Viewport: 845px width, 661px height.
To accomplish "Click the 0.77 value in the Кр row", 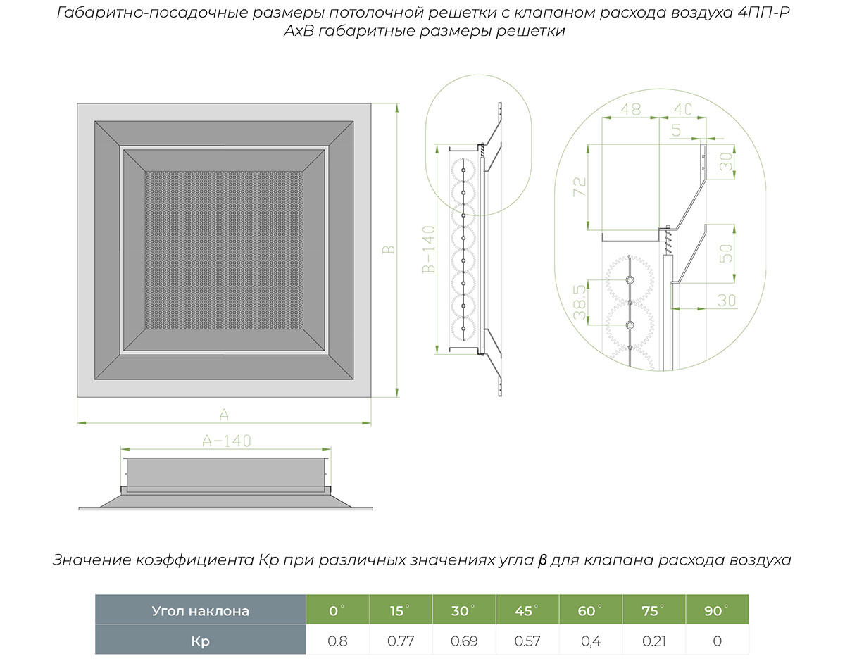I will coord(400,641).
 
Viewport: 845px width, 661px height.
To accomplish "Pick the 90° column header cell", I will coord(715,610).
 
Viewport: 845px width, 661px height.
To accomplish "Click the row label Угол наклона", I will coord(200,610).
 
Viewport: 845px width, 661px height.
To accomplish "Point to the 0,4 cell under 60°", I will coord(588,641).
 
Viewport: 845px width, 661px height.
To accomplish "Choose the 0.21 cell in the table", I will coord(652,641).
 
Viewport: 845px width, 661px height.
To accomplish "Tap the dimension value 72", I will coord(580,187).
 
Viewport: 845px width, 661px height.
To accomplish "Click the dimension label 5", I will coord(677,130).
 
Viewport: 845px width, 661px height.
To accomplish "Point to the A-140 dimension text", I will coord(226,441).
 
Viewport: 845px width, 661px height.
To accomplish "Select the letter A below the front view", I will coord(225,413).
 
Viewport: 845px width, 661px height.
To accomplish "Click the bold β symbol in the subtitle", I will coord(542,560).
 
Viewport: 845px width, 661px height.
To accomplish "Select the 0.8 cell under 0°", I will coord(337,641).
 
